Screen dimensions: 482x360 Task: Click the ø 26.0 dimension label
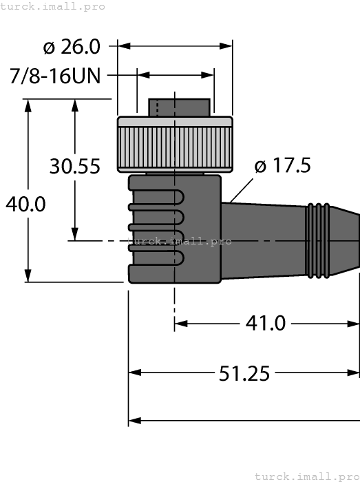point(72,47)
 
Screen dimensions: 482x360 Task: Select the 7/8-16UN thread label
point(56,75)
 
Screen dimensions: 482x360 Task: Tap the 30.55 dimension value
point(75,166)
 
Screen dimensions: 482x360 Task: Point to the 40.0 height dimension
point(25,204)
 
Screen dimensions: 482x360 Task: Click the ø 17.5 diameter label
point(282,166)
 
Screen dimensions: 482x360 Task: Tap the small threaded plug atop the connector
point(179,107)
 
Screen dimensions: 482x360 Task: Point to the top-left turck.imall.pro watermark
point(53,6)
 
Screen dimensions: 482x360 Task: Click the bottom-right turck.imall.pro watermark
point(306,476)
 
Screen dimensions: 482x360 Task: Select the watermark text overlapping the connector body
point(179,241)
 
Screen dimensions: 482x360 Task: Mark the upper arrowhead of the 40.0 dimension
point(28,105)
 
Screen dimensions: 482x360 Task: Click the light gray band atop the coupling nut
point(175,122)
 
